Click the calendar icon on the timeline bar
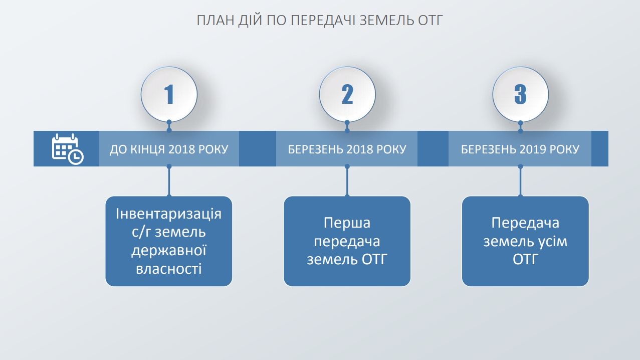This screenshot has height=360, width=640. tap(68, 149)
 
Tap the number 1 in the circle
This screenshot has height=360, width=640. tap(169, 94)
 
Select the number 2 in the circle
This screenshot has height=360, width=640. tap(347, 94)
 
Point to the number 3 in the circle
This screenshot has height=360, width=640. tap(520, 94)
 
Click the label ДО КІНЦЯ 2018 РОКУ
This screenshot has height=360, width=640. tap(169, 149)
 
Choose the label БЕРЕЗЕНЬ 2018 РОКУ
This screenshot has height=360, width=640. tap(347, 149)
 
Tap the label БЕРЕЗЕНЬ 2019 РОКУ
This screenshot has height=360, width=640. tap(520, 149)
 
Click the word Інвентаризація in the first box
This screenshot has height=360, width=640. tap(168, 214)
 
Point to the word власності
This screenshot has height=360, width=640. tap(168, 269)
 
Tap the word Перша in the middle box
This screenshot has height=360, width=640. tap(347, 223)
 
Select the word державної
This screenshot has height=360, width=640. tap(168, 251)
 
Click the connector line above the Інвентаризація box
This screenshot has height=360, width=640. tap(169, 181)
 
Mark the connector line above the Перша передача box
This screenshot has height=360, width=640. tap(347, 181)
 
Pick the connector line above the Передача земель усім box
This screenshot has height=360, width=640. tap(520, 181)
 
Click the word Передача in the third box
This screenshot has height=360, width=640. tap(525, 223)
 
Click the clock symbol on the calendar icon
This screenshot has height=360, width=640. tap(76, 157)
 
